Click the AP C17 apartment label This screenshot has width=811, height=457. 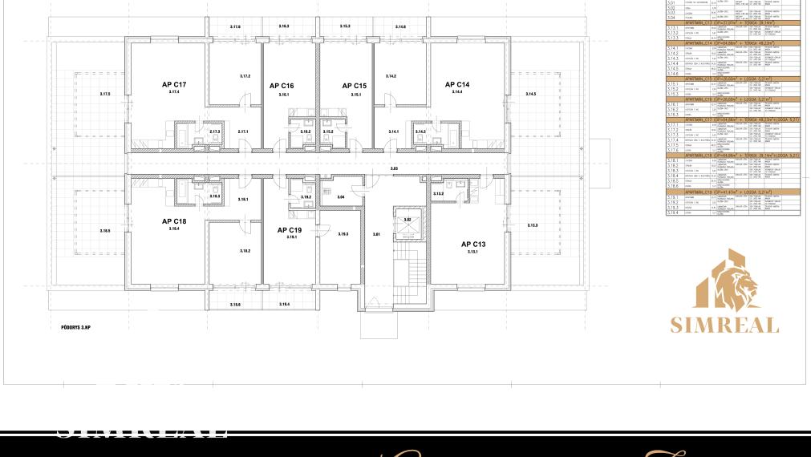coord(174,85)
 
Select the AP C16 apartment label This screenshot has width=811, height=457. coord(282,86)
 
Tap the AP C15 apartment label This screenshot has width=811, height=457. coord(355,86)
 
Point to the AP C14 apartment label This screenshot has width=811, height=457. coord(457,85)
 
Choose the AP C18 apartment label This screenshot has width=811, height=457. coord(174,221)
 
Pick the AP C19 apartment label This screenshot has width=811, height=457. coord(290,230)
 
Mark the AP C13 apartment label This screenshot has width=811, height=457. coord(473,245)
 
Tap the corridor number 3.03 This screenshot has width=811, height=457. coord(394,168)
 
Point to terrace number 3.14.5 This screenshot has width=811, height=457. coord(530,95)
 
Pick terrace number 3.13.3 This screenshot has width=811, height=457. coord(533,225)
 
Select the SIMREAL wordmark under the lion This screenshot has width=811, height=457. coord(724,325)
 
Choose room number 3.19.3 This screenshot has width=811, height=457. coord(343,234)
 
